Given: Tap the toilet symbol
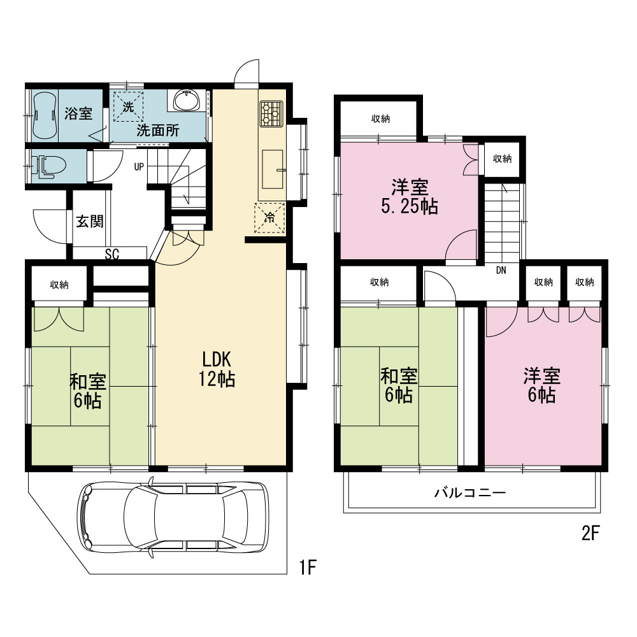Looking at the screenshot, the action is [48, 166].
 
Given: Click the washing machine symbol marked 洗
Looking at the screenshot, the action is [128, 107].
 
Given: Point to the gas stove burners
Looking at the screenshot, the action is [271, 113].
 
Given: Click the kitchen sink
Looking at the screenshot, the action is [272, 169].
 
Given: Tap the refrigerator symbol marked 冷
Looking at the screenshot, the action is [269, 218].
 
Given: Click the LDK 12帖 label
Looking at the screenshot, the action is [217, 369].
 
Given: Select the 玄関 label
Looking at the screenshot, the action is [90, 222].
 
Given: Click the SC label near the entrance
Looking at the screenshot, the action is [111, 254].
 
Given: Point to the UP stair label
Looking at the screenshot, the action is [139, 166].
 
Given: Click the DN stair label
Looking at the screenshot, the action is [501, 270].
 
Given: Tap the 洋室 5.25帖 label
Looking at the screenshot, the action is [410, 197].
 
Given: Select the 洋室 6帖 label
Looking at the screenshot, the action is [541, 385].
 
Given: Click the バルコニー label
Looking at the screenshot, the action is [470, 493].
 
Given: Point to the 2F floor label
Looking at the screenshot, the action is [590, 533].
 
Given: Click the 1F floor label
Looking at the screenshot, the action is [308, 568].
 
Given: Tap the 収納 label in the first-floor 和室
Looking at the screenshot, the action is [59, 285].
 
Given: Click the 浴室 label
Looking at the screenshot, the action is [78, 113].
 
